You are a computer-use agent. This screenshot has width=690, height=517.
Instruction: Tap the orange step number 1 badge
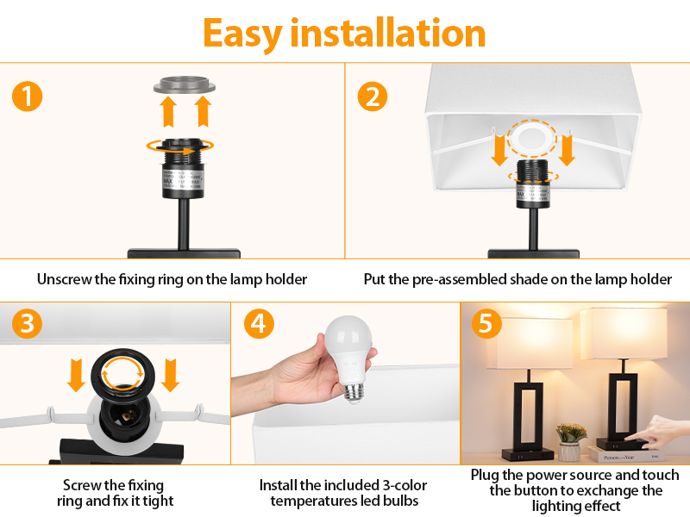coord(27,96)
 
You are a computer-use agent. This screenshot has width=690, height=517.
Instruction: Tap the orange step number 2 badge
coord(372,96)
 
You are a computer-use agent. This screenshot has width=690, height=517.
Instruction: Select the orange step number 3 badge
coord(27,324)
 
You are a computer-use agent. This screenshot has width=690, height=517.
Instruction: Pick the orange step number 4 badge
coord(259,324)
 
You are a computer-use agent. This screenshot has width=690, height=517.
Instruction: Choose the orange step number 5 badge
coord(486,324)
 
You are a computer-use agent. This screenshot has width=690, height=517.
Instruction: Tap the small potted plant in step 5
coord(570,439)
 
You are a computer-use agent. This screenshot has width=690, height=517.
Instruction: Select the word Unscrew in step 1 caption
coord(66,279)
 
